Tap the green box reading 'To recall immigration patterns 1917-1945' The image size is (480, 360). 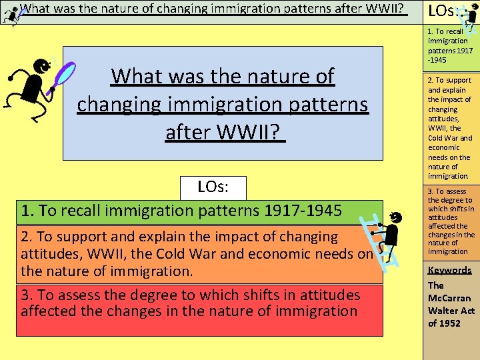click(x=200, y=212)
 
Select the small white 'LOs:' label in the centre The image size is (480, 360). click(x=213, y=187)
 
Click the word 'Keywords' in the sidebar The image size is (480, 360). click(x=449, y=270)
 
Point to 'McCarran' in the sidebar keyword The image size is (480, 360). click(x=449, y=298)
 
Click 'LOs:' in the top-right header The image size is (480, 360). click(x=443, y=11)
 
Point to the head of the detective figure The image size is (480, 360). click(x=43, y=67)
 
